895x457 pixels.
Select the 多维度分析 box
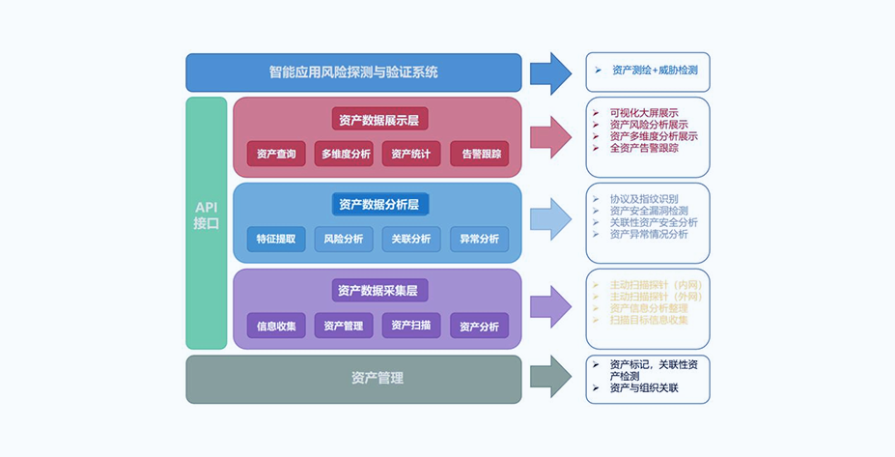point(344,154)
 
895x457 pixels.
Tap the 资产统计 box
point(411,154)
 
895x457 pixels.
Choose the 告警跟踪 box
point(479,154)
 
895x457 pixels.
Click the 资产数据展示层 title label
point(378,120)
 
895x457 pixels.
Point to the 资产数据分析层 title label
point(378,205)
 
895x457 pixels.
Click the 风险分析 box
point(344,239)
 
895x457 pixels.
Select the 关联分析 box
point(411,239)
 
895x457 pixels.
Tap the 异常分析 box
point(479,239)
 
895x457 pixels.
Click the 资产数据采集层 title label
point(378,290)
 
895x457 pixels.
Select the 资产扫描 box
point(411,326)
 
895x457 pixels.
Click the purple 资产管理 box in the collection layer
point(344,326)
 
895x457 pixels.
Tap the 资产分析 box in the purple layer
point(479,326)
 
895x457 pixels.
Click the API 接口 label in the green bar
point(206,215)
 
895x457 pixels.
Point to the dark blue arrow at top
point(550,72)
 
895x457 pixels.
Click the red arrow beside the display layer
point(550,136)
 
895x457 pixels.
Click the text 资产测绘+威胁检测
point(654,71)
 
